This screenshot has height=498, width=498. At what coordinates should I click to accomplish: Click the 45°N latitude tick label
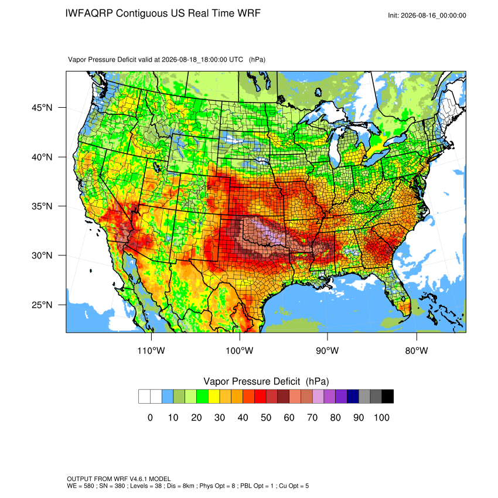pyautogui.click(x=42, y=108)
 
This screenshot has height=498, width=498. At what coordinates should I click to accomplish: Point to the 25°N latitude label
pyautogui.click(x=42, y=305)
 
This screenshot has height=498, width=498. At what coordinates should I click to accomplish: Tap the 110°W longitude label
pyautogui.click(x=151, y=350)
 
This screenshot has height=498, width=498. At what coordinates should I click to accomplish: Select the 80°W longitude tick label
pyautogui.click(x=417, y=350)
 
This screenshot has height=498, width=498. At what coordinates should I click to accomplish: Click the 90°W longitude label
pyautogui.click(x=327, y=350)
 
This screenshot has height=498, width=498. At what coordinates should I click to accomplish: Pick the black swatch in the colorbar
pyautogui.click(x=387, y=397)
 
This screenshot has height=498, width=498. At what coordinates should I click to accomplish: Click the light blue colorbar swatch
pyautogui.click(x=168, y=397)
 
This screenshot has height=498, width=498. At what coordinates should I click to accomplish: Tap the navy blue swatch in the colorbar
pyautogui.click(x=353, y=397)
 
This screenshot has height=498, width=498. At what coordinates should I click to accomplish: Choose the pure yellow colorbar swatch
pyautogui.click(x=214, y=397)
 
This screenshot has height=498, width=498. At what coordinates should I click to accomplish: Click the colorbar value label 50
pyautogui.click(x=266, y=417)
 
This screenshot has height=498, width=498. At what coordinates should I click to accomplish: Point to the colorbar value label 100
pyautogui.click(x=381, y=417)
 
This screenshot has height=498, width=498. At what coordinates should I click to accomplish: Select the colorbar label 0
pyautogui.click(x=150, y=417)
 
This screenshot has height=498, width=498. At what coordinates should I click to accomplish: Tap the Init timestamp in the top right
pyautogui.click(x=427, y=15)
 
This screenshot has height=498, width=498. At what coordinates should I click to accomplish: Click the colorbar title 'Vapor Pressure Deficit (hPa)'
pyautogui.click(x=266, y=381)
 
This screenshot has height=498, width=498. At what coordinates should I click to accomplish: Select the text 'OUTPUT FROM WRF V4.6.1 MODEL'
pyautogui.click(x=119, y=479)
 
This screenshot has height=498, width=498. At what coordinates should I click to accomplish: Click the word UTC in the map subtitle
pyautogui.click(x=236, y=60)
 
